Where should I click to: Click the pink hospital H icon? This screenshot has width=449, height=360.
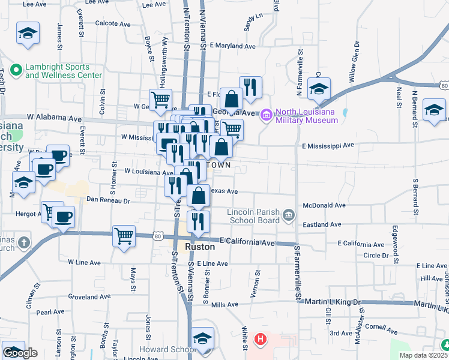[260, 340]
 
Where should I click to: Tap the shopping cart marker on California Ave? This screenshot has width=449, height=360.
[124, 236]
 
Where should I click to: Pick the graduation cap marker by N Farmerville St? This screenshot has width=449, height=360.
[319, 89]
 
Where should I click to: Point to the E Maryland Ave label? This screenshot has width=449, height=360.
[232, 46]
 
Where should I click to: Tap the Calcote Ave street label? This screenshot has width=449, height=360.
[113, 24]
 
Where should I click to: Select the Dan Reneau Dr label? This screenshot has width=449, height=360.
[108, 200]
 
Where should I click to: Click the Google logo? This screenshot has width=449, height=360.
[20, 353]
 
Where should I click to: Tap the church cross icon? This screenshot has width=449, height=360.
[23, 243]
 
